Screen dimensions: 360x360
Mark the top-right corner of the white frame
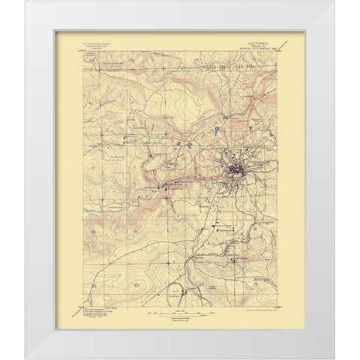pyautogui.click(x=335, y=2)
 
